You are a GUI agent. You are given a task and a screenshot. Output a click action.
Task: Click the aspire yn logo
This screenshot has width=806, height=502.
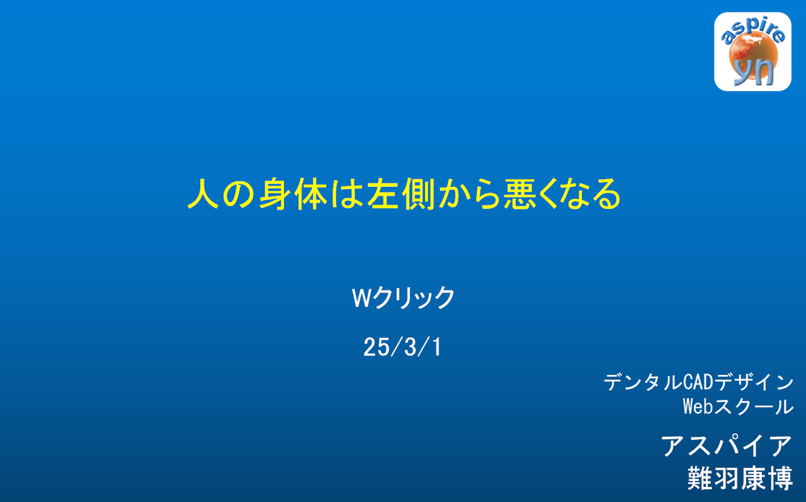[x=752, y=52]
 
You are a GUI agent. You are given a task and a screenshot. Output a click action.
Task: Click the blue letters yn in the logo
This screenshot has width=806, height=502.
[x=754, y=72]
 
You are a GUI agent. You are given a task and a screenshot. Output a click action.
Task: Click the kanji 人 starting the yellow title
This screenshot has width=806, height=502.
[x=203, y=194]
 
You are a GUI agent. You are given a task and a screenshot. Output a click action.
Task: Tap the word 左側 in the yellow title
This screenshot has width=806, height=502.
[x=400, y=194]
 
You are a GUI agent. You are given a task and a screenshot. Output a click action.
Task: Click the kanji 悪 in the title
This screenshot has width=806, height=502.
[x=520, y=194]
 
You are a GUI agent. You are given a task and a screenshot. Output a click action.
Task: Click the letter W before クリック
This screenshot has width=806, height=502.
[x=361, y=298]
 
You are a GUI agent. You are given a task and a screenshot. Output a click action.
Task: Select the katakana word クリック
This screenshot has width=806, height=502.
[x=414, y=298]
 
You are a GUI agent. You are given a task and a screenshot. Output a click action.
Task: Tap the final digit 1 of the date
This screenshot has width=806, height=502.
[x=436, y=347]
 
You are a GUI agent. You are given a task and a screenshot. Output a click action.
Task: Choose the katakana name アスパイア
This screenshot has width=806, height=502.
[x=727, y=445]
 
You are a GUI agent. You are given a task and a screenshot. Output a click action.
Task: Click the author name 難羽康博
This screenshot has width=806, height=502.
[x=740, y=478]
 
